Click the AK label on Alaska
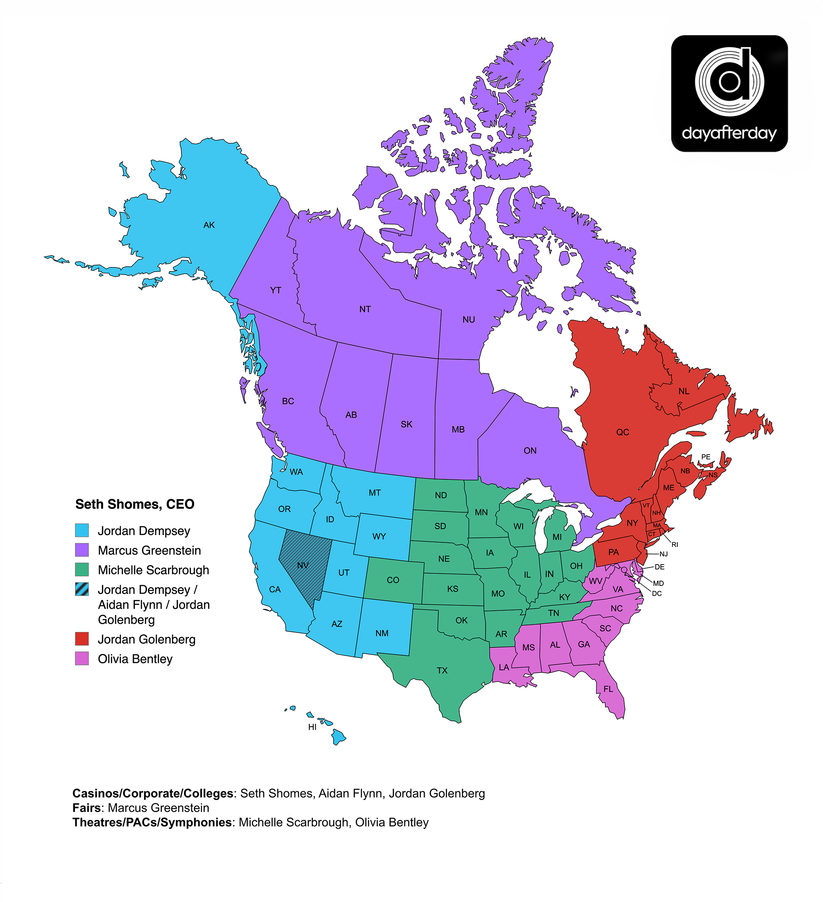(209, 225)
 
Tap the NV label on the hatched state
(302, 565)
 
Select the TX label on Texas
(442, 670)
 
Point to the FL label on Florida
(608, 689)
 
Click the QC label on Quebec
(622, 432)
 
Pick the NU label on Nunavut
(469, 319)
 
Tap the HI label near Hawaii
(312, 727)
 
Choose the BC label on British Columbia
(288, 401)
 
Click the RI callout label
(674, 544)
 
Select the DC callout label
(656, 594)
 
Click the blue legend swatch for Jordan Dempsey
(82, 531)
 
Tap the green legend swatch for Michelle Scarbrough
(82, 570)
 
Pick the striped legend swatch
(82, 589)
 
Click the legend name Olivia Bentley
(135, 659)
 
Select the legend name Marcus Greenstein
(149, 550)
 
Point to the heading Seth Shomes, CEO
(135, 504)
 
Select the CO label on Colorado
(393, 580)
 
